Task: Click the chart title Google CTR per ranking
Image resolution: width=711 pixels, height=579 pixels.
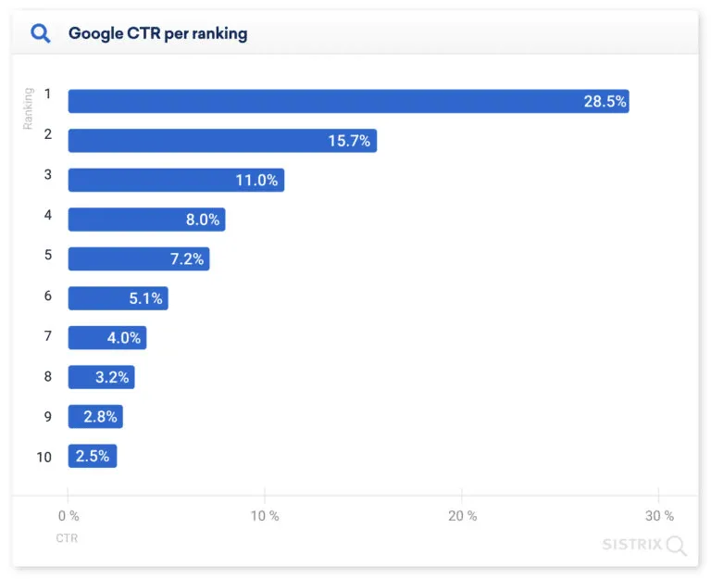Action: tap(157, 34)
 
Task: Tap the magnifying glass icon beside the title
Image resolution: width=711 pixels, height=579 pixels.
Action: tap(41, 34)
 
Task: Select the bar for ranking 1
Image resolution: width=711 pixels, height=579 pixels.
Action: tap(348, 101)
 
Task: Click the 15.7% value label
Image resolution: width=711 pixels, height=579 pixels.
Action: tap(349, 141)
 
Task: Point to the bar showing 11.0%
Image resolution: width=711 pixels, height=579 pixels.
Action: tap(176, 180)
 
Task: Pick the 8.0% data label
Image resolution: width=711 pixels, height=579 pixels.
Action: tap(202, 220)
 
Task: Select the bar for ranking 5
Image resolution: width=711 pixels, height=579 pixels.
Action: tap(139, 258)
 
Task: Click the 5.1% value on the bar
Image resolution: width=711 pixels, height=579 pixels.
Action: tap(145, 298)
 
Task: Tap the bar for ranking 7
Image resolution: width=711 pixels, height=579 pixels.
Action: tap(107, 337)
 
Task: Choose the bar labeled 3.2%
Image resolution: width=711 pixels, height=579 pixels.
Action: tap(101, 377)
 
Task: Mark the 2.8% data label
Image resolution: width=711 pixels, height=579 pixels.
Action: tap(100, 417)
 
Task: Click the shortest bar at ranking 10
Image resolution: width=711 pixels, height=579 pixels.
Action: tap(93, 456)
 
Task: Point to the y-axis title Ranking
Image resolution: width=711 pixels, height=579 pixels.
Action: tap(28, 108)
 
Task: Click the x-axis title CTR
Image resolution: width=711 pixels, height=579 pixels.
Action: tap(67, 538)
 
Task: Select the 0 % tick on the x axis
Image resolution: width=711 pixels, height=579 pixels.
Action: tap(68, 516)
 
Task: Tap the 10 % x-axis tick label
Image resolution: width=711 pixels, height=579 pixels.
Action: tap(265, 516)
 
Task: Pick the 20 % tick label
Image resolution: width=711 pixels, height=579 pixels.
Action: tap(462, 516)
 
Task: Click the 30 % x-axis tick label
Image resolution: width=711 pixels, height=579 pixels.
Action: tap(658, 516)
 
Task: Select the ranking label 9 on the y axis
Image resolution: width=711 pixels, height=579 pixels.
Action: tap(48, 416)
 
